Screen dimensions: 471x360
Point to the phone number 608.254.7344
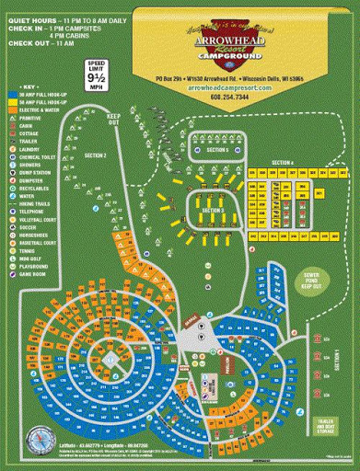pyautogui.click(x=228, y=95)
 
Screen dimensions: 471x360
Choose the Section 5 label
pyautogui.click(x=217, y=149)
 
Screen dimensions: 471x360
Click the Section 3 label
pyautogui.click(x=213, y=211)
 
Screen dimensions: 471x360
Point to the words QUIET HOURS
pyautogui.click(x=29, y=19)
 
